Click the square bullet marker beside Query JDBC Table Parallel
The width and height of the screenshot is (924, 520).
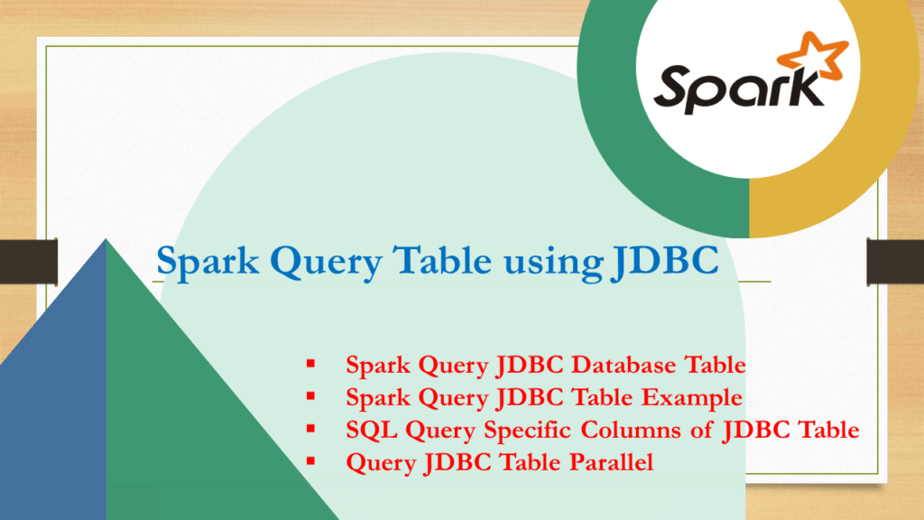(x=311, y=461)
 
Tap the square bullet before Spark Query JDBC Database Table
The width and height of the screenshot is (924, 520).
(x=311, y=365)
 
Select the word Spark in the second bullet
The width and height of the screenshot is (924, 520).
(x=374, y=398)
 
